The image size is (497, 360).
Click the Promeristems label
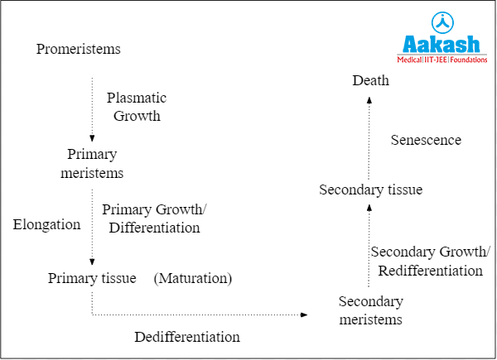79,50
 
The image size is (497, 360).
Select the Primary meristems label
92,164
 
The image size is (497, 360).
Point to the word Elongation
46,224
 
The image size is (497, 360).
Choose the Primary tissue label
92,278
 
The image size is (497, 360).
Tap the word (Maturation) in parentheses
193,278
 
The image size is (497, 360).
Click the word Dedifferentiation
187,337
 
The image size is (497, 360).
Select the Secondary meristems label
371,310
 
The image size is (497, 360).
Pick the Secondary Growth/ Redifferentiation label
430,261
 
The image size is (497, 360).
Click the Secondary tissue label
371,190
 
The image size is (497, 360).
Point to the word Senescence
426,140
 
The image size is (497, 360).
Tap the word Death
370,80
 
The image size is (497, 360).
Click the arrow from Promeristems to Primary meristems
92,108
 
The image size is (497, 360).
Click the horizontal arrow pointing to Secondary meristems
199,314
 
